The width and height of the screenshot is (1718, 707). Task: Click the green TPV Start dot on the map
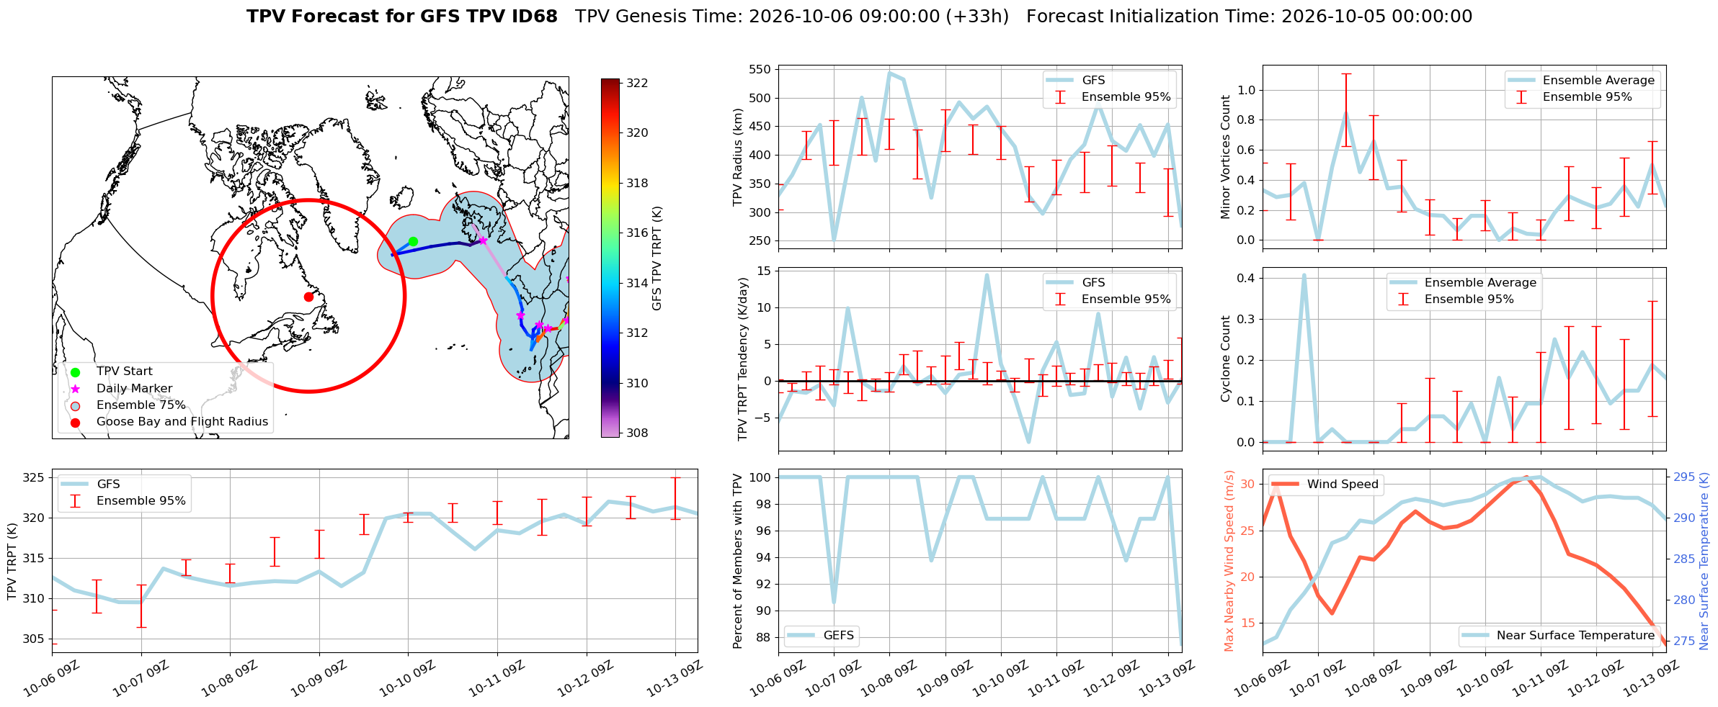413,242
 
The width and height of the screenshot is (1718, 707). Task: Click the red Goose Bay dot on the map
308,297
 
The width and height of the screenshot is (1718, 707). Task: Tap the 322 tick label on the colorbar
637,83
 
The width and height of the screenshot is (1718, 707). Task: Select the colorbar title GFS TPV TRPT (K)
657,258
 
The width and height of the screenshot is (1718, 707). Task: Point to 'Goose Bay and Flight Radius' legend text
182,422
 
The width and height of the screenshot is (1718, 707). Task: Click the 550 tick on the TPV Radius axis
761,70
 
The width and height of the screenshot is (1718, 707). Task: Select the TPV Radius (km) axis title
738,157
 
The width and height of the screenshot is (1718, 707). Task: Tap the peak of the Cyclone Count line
1304,275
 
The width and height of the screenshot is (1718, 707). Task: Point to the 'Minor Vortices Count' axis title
1226,157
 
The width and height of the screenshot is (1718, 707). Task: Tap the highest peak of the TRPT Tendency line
987,275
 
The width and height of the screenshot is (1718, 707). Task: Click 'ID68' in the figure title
533,17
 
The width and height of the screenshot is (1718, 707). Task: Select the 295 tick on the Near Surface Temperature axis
1684,477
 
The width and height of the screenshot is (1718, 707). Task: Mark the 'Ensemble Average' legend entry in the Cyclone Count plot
1463,283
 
